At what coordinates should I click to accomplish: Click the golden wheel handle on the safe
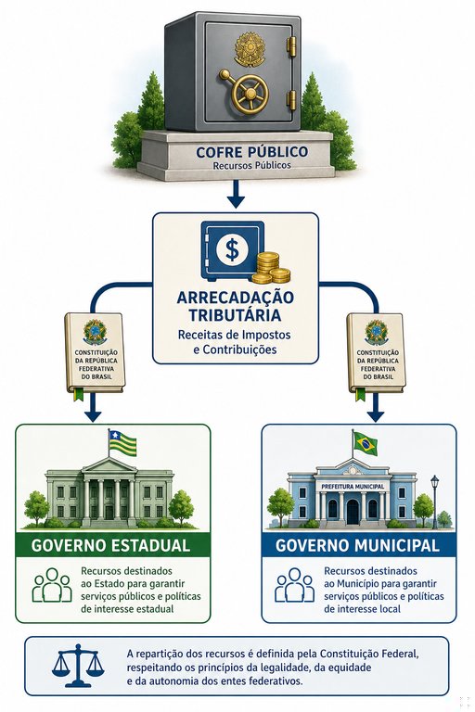click(249, 94)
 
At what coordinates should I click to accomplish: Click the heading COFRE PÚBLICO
click(251, 152)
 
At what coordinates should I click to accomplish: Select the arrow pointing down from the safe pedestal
click(236, 194)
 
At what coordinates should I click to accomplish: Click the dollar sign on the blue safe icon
click(232, 250)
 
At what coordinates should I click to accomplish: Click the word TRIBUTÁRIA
click(235, 314)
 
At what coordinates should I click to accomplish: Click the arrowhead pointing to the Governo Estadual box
click(93, 415)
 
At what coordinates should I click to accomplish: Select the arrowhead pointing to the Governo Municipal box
click(376, 415)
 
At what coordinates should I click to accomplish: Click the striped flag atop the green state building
click(122, 443)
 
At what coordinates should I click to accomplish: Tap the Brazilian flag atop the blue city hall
click(366, 444)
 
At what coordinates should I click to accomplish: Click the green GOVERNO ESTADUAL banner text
click(111, 545)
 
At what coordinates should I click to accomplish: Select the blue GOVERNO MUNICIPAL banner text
click(358, 545)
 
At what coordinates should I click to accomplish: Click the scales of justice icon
click(78, 666)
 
